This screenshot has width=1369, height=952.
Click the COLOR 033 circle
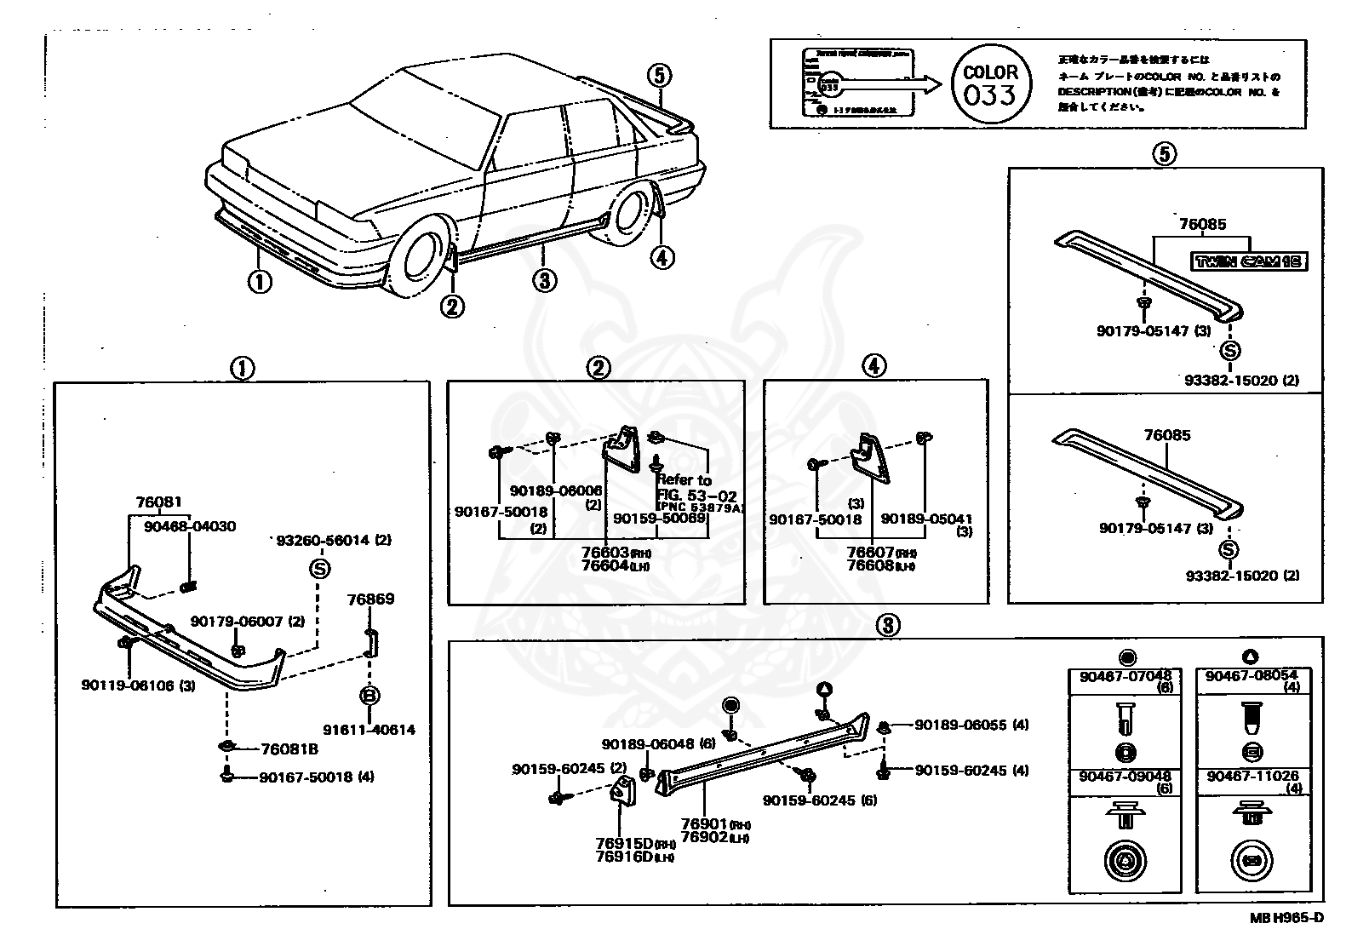[x=990, y=84]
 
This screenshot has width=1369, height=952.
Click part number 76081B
[x=289, y=749]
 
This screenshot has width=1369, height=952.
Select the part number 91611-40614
[x=369, y=730]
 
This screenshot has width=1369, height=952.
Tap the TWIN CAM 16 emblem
[x=1248, y=261]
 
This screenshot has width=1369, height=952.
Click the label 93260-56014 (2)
[x=335, y=540]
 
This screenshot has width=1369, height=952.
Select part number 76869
[x=370, y=599]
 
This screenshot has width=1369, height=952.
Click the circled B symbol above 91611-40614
[x=370, y=697]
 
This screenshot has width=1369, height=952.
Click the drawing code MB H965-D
[x=1286, y=917]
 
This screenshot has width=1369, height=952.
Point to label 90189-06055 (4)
[x=971, y=725]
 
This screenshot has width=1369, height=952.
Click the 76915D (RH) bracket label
[x=634, y=843]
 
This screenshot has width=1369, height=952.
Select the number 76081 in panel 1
[x=158, y=503]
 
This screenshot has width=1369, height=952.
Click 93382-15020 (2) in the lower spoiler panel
[x=1242, y=576]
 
